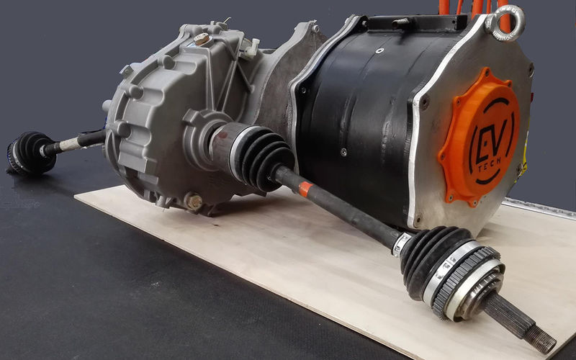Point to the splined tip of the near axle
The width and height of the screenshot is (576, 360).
[x=529, y=323]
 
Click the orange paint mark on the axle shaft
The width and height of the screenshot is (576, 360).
[x=305, y=189]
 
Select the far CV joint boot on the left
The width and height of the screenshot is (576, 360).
[x=31, y=153]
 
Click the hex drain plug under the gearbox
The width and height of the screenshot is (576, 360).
[x=193, y=202]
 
